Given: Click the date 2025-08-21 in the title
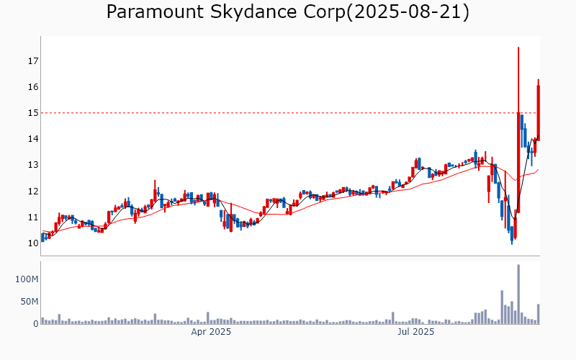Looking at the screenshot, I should [408, 12].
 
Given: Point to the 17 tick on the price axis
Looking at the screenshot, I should [32, 61].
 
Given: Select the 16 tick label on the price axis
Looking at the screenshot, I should [32, 87].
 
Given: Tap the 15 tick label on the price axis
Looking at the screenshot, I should [32, 113].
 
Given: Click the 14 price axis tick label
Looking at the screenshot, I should [32, 139].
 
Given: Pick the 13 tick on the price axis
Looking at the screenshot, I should [32, 165].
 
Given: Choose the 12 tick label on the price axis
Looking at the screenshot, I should [32, 192].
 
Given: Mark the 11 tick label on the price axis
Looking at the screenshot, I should [32, 217].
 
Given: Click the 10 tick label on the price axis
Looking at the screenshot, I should [32, 243].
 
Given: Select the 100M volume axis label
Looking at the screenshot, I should [26, 279].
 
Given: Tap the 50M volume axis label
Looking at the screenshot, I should [28, 302].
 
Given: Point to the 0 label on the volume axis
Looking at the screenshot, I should [35, 324].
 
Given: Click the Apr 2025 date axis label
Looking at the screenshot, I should [210, 333].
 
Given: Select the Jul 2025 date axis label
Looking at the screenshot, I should [416, 333].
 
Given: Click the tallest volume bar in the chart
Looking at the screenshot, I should [518, 294].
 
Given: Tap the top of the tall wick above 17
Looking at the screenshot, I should [518, 48].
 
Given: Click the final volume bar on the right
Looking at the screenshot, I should [538, 314].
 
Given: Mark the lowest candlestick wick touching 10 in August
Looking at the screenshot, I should [512, 243].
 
